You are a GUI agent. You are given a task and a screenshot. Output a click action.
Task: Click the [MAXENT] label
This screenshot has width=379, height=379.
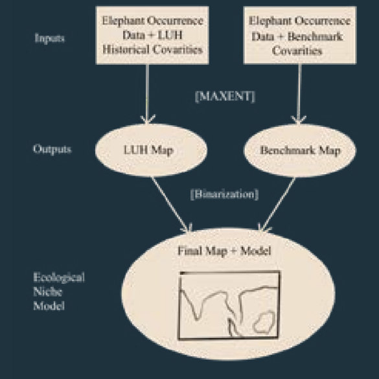coord(225,97)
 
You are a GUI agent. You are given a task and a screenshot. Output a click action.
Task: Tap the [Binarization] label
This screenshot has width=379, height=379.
coord(225,194)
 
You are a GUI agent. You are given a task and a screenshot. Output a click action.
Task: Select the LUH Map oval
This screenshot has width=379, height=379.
coord(151,150)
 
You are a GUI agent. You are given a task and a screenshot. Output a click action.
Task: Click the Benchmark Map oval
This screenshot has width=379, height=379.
coord(300,150)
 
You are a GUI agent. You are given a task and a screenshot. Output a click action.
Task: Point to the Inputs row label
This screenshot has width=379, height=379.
coord(50,38)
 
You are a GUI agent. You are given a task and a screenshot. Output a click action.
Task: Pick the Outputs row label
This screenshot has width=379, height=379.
coord(52,149)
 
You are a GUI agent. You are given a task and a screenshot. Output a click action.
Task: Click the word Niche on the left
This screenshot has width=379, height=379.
coord(47,292)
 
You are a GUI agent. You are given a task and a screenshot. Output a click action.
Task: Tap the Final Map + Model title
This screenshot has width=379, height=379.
coord(224,251)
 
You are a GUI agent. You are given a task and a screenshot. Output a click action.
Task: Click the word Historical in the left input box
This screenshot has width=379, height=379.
coord(126,49)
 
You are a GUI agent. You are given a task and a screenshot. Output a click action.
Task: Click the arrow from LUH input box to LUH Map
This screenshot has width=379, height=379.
coord(147,94)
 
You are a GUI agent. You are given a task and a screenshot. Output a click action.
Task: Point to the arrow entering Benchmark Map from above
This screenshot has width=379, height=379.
coord(299,94)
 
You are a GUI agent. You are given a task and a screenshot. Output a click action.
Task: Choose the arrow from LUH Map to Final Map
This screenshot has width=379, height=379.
coord(172,205)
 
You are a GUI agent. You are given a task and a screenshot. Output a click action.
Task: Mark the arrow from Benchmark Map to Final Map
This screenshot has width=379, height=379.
coord(277,204)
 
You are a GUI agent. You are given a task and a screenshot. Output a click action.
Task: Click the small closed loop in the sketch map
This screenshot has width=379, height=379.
coord(264,322)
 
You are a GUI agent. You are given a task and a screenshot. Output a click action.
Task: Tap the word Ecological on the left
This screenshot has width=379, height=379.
coord(59,277)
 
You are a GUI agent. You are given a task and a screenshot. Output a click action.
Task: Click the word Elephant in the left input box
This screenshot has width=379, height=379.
coord(123,21)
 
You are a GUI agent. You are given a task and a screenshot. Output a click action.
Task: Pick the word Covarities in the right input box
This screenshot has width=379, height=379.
coord(297,51)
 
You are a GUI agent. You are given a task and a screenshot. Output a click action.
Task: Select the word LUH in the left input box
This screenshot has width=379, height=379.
coord(170,35)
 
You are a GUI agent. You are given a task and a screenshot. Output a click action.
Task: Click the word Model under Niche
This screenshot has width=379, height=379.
coord(49,306)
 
